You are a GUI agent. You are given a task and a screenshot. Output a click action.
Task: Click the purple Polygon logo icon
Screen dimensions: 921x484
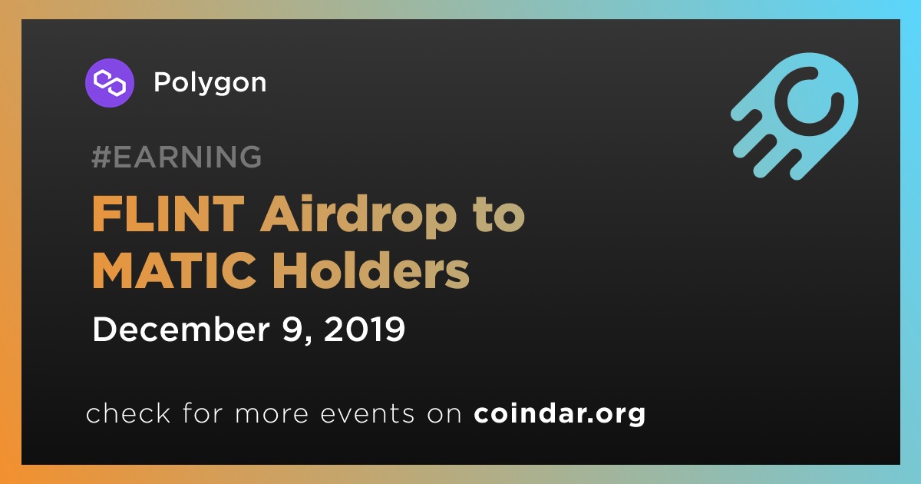click(x=109, y=83)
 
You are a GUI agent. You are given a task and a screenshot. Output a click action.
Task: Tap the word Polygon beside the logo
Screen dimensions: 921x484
click(x=210, y=83)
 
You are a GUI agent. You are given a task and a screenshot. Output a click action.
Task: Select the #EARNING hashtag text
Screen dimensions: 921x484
click(x=177, y=157)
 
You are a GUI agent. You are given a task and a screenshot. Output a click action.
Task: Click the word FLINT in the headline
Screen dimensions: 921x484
click(x=168, y=214)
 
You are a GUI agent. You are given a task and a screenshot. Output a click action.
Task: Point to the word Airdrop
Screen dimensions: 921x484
click(x=358, y=215)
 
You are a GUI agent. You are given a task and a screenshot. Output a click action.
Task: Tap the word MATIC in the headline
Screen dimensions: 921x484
click(x=174, y=271)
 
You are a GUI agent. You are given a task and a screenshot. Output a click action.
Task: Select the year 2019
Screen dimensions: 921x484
click(x=365, y=330)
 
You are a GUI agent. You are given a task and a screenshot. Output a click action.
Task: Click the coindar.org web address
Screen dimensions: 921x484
click(x=560, y=414)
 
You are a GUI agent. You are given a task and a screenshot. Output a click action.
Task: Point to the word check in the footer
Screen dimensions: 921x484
click(x=128, y=413)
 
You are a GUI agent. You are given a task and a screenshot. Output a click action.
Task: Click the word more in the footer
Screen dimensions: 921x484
click(x=272, y=414)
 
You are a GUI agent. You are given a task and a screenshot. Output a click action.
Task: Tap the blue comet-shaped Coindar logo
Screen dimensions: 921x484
click(x=794, y=116)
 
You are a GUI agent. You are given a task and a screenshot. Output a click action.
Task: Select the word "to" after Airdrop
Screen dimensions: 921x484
click(x=499, y=216)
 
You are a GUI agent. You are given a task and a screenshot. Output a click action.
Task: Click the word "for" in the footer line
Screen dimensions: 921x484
click(x=203, y=413)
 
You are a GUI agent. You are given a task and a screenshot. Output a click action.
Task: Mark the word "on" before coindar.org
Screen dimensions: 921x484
click(x=444, y=414)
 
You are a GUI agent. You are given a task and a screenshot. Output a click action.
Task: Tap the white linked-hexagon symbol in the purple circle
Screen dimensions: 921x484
click(x=109, y=83)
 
